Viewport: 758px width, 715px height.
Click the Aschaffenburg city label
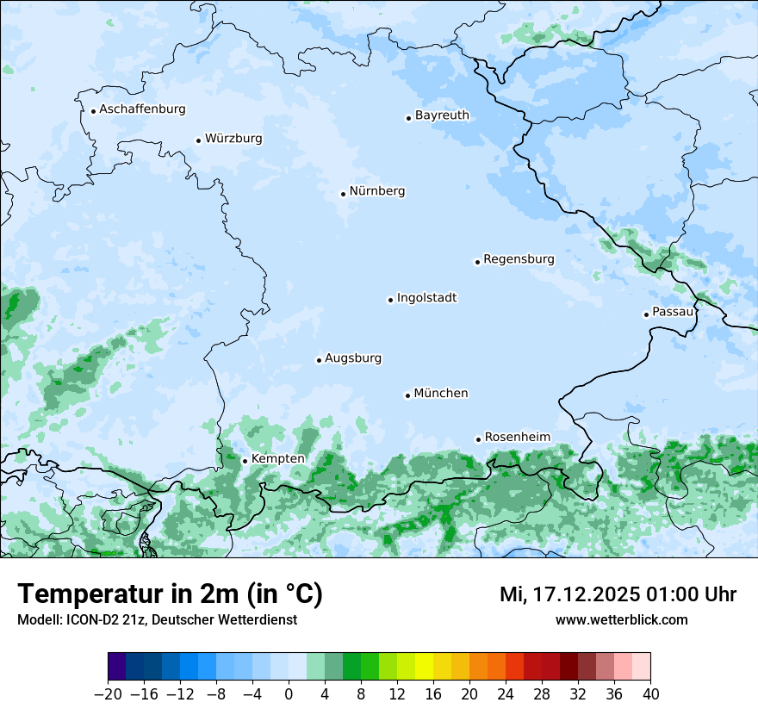(x=142, y=109)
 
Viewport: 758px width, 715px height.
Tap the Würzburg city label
(x=233, y=139)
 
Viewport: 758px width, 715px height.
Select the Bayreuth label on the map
(x=442, y=115)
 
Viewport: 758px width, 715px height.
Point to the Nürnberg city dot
(x=343, y=194)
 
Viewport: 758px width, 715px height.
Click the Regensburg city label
(x=519, y=259)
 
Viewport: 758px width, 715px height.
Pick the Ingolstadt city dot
(x=390, y=301)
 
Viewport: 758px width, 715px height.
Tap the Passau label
(x=673, y=312)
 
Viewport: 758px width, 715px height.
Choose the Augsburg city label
(x=353, y=358)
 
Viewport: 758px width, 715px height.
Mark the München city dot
(x=407, y=395)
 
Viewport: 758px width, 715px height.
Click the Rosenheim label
(x=517, y=438)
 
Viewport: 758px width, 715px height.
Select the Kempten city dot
(x=245, y=461)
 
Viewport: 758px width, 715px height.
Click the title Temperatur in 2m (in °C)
(x=170, y=594)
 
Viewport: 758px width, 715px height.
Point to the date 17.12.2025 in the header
(x=586, y=594)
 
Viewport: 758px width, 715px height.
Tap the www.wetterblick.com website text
(x=621, y=620)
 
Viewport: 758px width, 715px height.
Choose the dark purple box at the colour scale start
(x=117, y=667)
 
